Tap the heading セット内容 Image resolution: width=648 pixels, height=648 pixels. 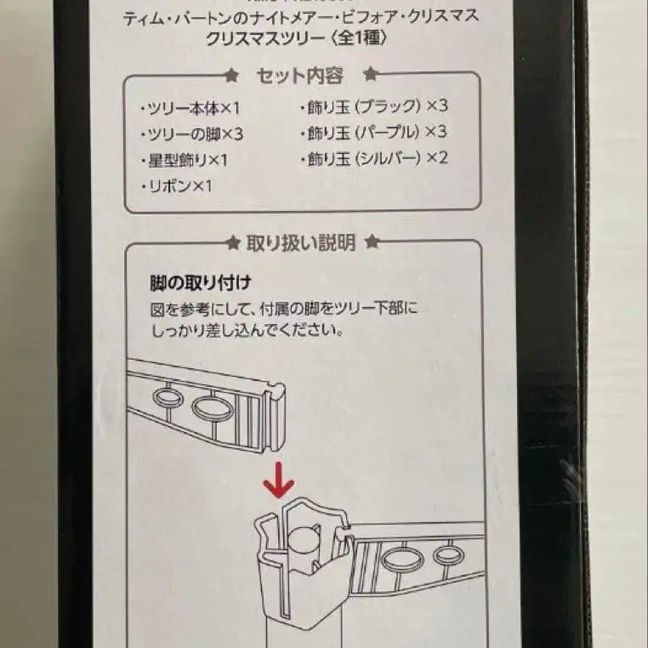point(299,76)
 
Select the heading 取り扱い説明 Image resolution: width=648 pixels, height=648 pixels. point(300,243)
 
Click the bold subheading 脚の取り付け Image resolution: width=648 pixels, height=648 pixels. point(193,281)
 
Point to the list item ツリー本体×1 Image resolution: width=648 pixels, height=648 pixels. point(190,108)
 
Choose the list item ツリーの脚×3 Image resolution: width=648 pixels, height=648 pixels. point(190,134)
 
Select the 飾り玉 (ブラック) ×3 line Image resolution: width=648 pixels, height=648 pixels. point(373,106)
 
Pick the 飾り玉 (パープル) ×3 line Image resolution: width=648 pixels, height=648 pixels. point(373,132)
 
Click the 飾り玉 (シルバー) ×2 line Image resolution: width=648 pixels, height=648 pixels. point(373,158)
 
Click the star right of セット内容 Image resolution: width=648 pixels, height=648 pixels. point(369,76)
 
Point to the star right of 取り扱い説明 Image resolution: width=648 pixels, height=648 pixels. point(370,243)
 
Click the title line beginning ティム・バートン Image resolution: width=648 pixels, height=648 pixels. point(299,16)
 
